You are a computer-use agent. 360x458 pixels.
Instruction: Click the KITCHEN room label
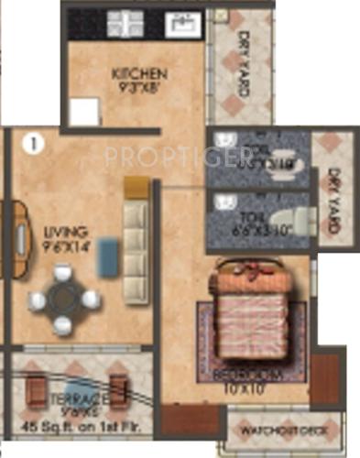tap(138, 73)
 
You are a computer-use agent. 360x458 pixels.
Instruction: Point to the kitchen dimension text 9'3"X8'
tap(138, 89)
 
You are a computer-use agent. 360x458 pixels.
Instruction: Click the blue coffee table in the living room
tap(108, 251)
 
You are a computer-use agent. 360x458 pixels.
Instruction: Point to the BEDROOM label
tap(245, 376)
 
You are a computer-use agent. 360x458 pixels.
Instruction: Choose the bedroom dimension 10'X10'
tap(245, 389)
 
